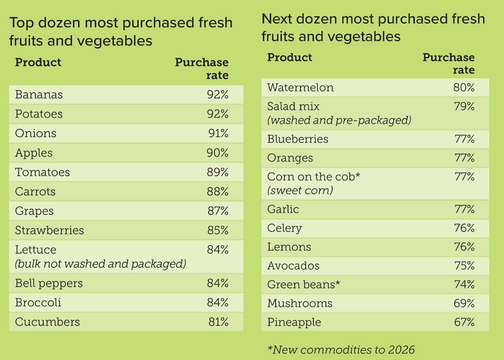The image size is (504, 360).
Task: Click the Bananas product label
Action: click(x=39, y=95)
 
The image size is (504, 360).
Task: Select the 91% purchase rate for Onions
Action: click(x=218, y=134)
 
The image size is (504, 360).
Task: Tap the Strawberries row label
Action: click(x=50, y=231)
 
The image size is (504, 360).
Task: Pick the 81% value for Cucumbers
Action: click(x=218, y=322)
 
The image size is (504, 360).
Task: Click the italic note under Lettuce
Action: click(x=100, y=264)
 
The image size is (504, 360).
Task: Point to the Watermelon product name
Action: click(x=300, y=88)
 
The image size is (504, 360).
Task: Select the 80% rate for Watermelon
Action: click(x=464, y=88)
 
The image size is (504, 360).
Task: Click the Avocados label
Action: click(x=293, y=266)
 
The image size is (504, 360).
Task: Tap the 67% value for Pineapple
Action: click(x=464, y=323)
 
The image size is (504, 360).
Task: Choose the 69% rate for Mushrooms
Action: click(x=464, y=304)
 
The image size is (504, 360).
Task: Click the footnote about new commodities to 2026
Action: click(x=341, y=349)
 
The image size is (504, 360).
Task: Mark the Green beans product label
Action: click(x=303, y=285)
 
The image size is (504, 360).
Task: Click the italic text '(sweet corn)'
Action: click(x=300, y=191)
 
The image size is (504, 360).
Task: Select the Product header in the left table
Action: click(x=38, y=63)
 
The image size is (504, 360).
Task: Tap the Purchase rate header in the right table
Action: click(x=449, y=63)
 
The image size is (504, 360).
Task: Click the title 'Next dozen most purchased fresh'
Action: click(x=373, y=19)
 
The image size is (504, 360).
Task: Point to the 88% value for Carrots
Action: click(x=218, y=192)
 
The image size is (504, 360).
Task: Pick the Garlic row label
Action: click(x=283, y=209)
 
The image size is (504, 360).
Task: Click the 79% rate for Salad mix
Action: click(x=464, y=107)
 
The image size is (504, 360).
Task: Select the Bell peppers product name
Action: click(x=49, y=284)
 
